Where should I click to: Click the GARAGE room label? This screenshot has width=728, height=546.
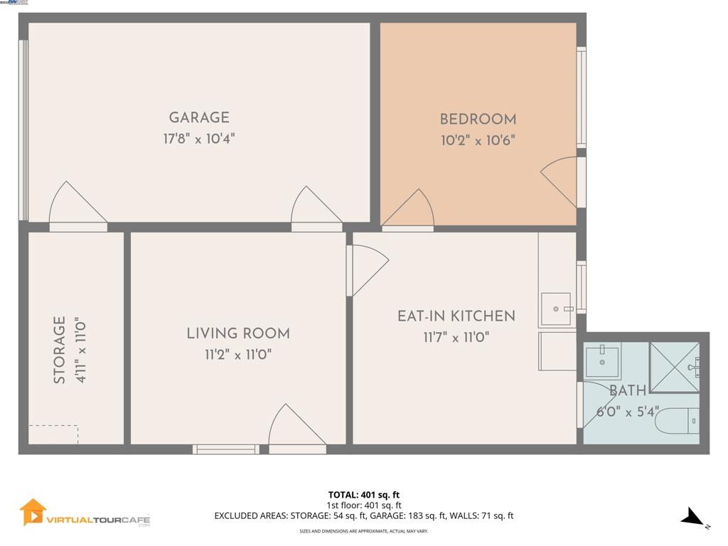click(199, 118)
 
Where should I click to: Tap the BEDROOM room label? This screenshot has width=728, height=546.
click(478, 119)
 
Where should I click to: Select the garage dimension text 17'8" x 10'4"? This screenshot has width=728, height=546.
click(199, 139)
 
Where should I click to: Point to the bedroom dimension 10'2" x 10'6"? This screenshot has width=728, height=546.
click(478, 141)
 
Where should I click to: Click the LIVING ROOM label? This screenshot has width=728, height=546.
click(238, 333)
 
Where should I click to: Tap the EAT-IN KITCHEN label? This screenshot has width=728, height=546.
click(456, 316)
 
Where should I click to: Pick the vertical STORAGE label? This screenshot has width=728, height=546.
click(60, 350)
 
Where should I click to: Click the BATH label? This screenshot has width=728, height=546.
click(628, 390)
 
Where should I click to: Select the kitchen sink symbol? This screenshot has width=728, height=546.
click(556, 309)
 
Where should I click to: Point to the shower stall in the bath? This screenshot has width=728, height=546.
click(674, 367)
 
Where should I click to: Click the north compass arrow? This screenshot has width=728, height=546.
click(692, 518)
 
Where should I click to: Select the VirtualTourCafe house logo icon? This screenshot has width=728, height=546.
click(33, 512)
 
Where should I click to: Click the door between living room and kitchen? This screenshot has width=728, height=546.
click(365, 269)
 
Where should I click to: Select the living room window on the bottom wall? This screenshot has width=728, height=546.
click(226, 449)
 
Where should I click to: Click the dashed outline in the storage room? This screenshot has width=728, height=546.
click(53, 434)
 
